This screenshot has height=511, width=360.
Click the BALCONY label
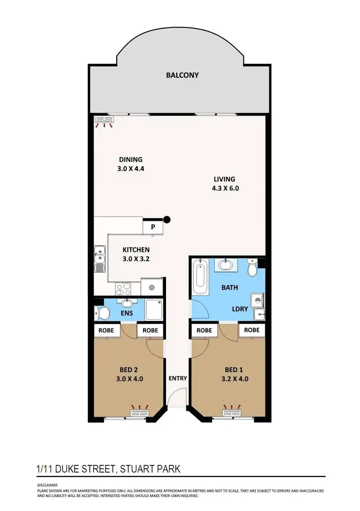click(x=182, y=75)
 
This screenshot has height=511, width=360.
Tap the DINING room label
click(x=131, y=160)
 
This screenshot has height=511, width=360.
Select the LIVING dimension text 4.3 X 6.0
click(x=226, y=188)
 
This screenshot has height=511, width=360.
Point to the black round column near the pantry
click(x=167, y=220)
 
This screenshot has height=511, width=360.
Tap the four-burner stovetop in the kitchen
click(x=124, y=288)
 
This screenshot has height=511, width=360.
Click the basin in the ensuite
click(x=128, y=304)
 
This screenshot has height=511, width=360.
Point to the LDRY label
click(x=240, y=309)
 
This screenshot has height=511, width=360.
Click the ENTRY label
click(x=178, y=378)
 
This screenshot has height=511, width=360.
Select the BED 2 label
click(x=129, y=370)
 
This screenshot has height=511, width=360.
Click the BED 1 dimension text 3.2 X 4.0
click(x=234, y=378)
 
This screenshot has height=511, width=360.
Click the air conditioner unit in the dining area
click(x=105, y=120)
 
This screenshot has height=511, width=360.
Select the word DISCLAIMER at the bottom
click(x=47, y=485)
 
